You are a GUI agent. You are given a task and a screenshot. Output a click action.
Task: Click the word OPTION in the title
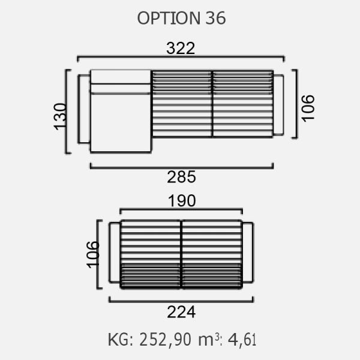point(169,19)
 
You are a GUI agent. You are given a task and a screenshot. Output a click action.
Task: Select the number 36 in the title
point(215,19)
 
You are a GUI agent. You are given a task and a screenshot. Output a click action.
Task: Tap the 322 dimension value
point(181,48)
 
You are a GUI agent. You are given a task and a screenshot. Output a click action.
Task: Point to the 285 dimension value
point(181,177)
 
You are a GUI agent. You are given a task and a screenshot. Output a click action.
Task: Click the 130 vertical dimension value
point(60,116)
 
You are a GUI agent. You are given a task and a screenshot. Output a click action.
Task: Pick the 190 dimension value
point(182,201)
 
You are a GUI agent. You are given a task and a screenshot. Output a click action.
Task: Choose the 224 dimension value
point(181,312)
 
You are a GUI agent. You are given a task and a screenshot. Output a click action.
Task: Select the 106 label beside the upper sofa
point(308,108)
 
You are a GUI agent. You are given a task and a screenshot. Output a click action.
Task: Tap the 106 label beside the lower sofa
point(93,254)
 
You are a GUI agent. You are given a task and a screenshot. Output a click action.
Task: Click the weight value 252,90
point(166,340)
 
